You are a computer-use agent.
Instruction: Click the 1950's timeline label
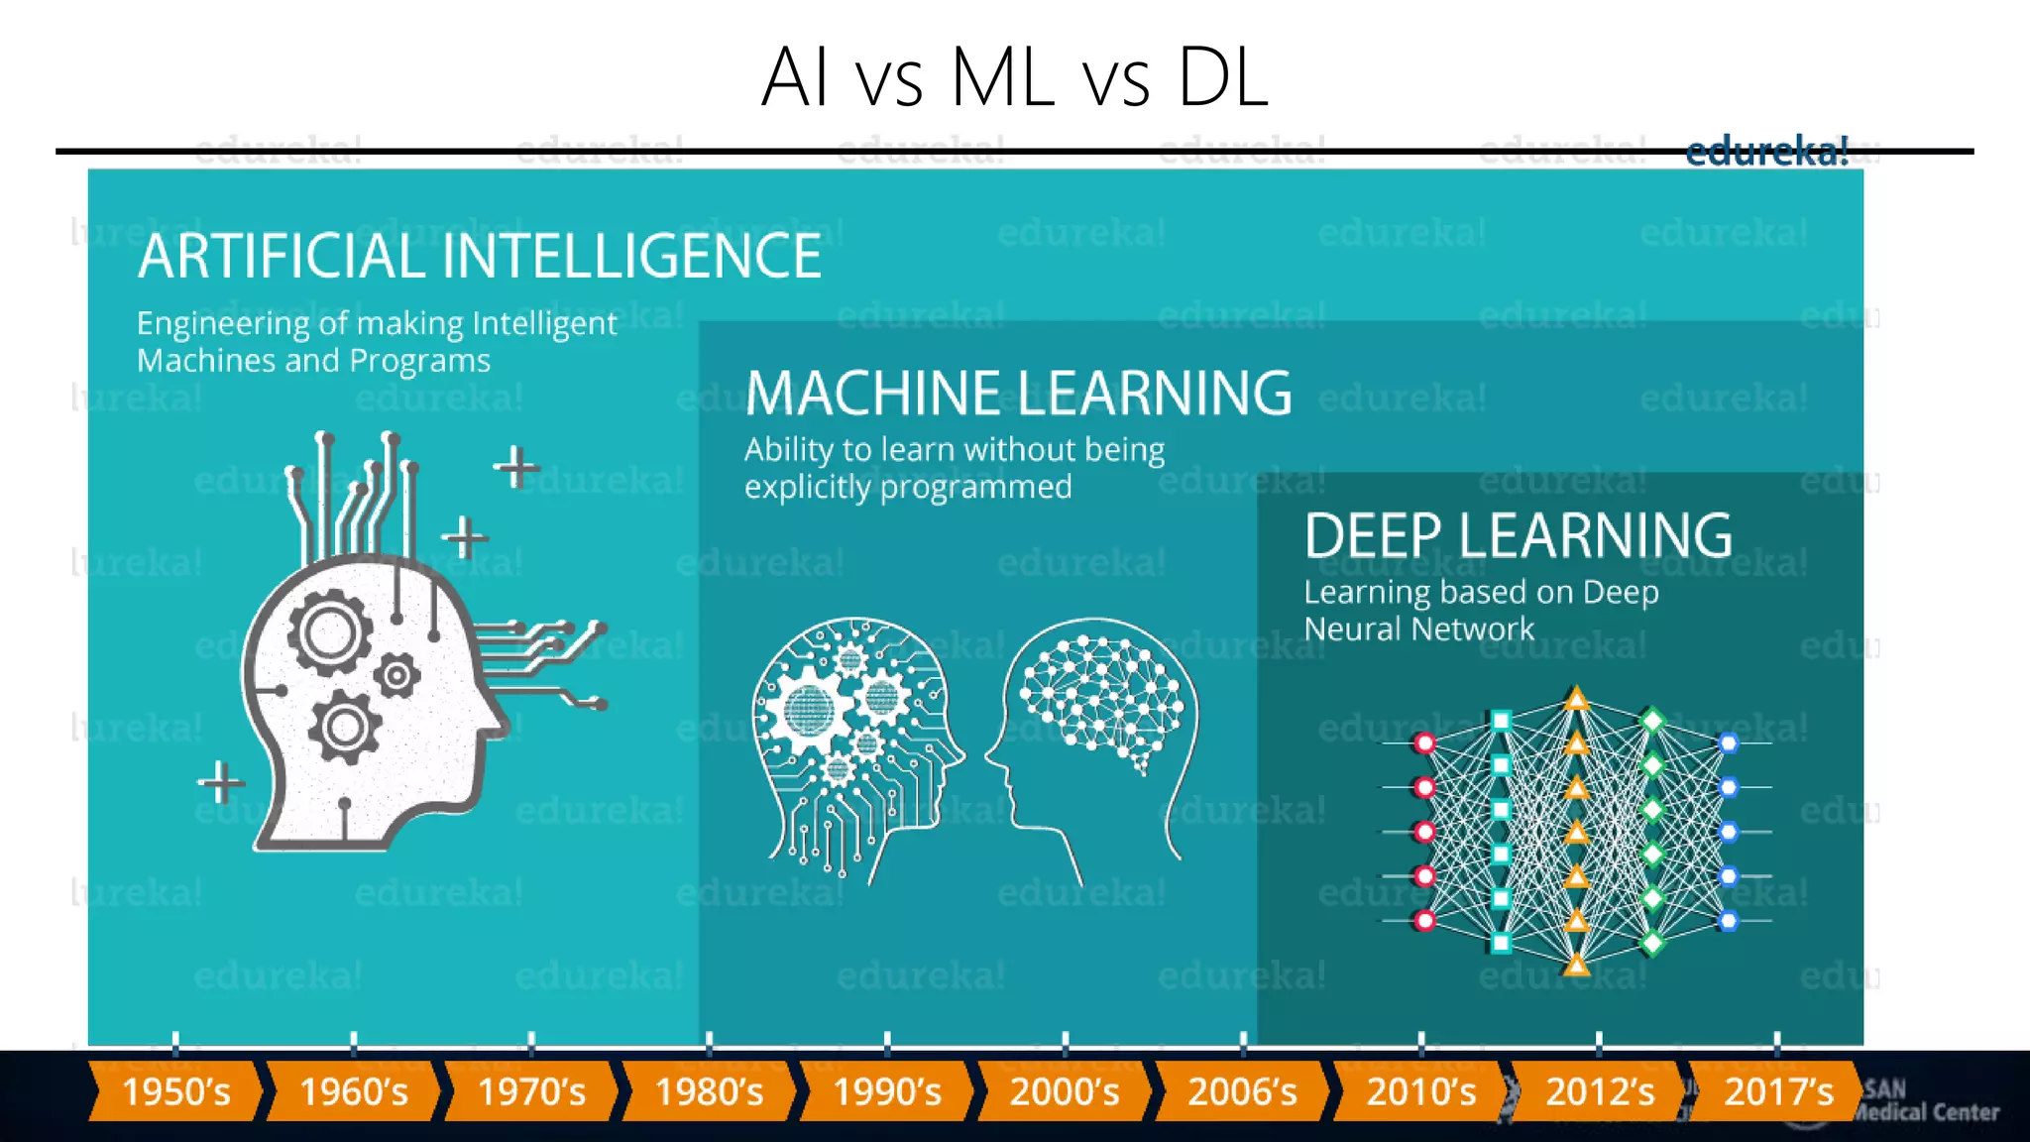point(175,1091)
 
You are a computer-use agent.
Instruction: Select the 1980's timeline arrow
point(709,1091)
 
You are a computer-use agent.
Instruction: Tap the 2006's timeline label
point(1242,1091)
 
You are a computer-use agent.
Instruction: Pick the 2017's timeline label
point(1778,1091)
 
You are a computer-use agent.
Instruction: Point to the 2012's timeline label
point(1600,1091)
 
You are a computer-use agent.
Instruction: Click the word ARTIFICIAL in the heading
point(282,257)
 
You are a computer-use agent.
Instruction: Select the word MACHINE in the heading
point(872,394)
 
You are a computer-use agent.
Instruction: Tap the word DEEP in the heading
point(1373,536)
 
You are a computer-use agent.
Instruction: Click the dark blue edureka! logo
point(1766,152)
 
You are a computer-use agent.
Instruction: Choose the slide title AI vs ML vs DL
point(1014,77)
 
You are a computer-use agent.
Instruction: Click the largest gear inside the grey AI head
point(330,632)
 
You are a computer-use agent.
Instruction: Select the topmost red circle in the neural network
point(1424,743)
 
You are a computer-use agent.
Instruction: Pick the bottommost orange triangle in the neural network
point(1577,964)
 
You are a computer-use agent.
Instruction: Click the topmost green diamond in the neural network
point(1652,720)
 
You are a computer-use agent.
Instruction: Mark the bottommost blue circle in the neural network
point(1729,921)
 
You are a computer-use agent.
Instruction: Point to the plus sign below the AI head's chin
point(221,782)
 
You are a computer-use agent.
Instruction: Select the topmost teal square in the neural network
point(1501,721)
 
